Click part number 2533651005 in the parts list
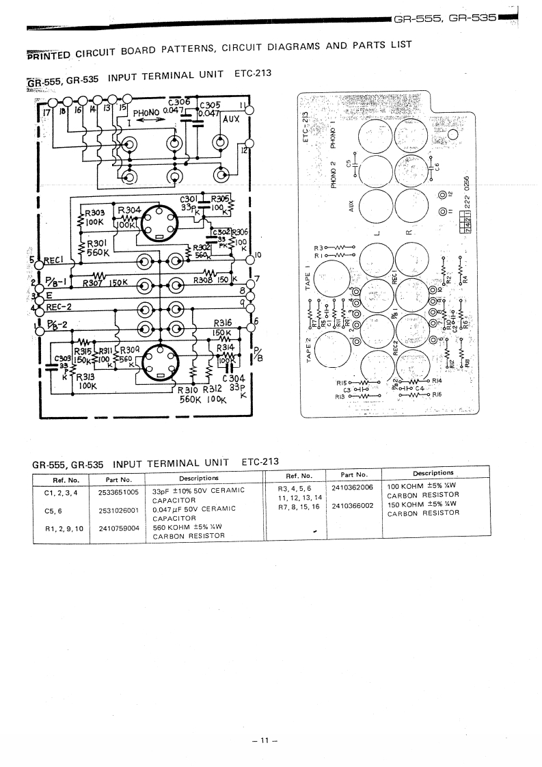click(x=118, y=492)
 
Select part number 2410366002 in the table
click(x=353, y=506)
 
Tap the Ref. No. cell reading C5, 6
click(x=53, y=509)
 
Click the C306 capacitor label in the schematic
click(x=178, y=102)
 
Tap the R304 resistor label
click(x=129, y=210)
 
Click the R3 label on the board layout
click(x=318, y=247)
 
